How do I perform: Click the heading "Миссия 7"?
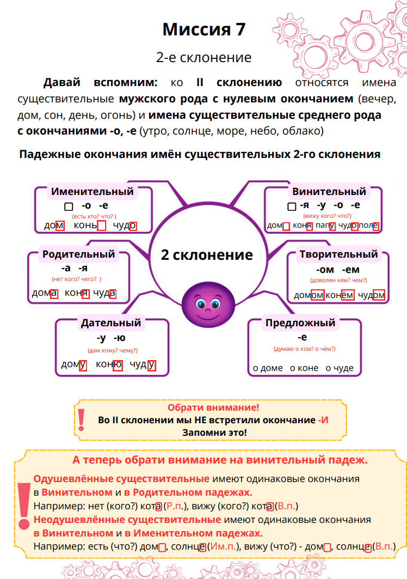(x=203, y=29)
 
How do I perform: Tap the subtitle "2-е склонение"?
(x=203, y=57)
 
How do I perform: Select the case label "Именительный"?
(x=92, y=191)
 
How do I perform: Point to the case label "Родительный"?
(x=79, y=254)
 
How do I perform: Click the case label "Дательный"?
(x=111, y=322)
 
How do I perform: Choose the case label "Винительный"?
(x=329, y=191)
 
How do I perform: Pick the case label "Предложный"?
(x=300, y=322)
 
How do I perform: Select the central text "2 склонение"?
(x=207, y=255)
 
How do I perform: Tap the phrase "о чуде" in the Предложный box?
(x=340, y=368)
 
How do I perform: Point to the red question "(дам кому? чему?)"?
(x=113, y=350)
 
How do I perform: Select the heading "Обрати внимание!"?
(x=213, y=408)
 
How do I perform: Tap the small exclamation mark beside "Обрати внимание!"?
(x=82, y=418)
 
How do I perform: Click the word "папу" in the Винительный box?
(x=324, y=225)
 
